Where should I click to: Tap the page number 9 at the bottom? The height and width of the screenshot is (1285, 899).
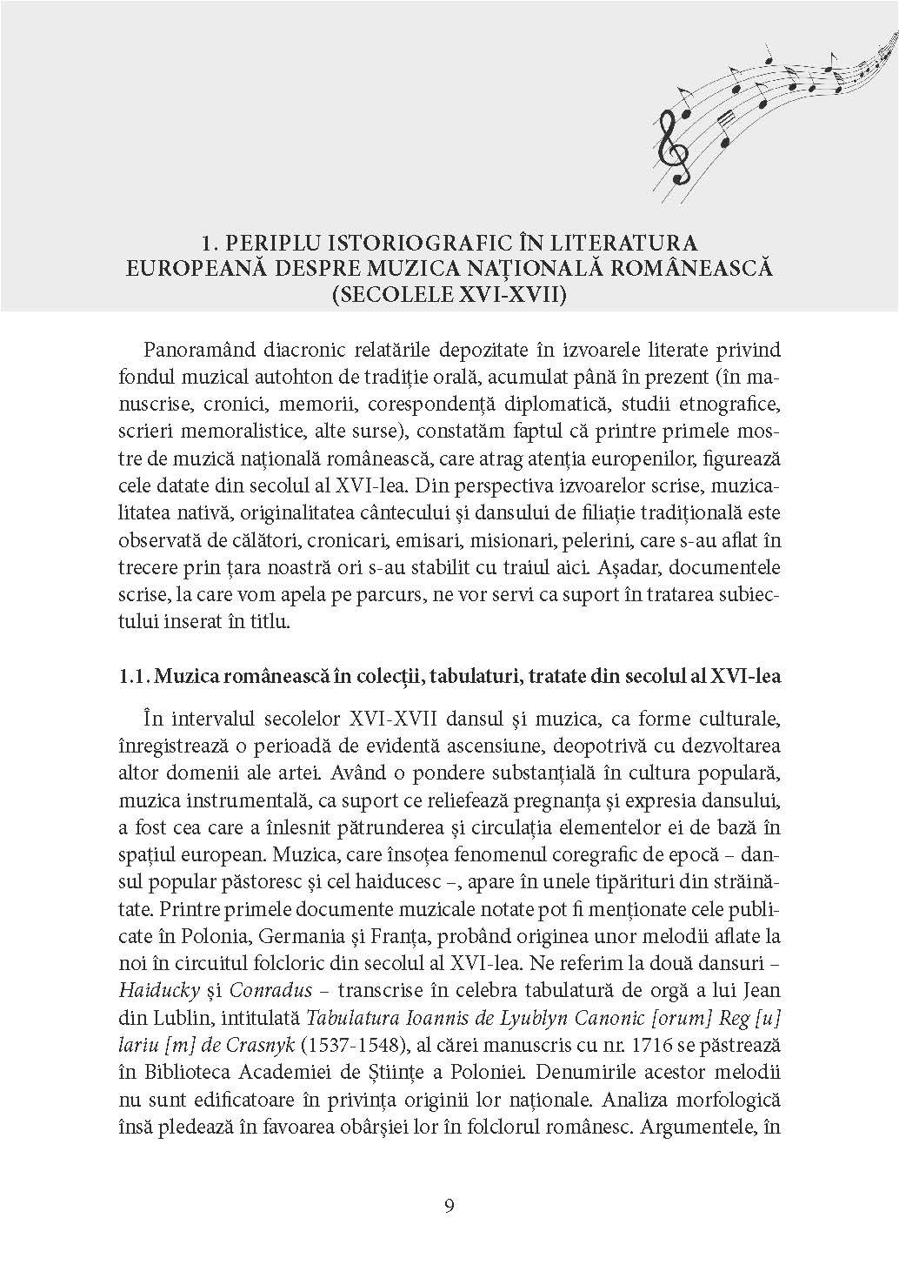tap(449, 1205)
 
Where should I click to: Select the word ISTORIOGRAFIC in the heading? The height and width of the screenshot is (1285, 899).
tap(416, 241)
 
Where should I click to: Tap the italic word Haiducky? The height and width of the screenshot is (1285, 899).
tap(153, 992)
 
